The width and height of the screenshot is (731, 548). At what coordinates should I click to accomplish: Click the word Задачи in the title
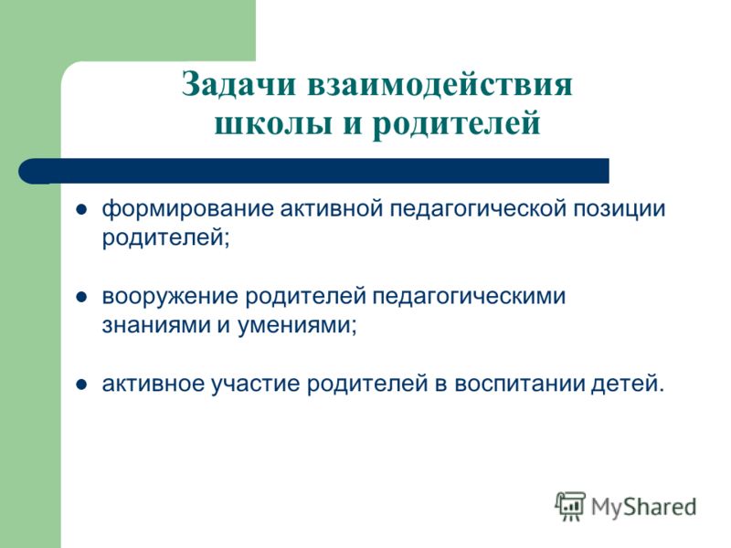click(238, 85)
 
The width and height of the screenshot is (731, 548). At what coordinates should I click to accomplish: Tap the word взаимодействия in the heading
click(440, 85)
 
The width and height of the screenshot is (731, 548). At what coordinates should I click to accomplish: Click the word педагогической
click(478, 209)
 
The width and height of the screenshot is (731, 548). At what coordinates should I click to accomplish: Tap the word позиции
click(620, 210)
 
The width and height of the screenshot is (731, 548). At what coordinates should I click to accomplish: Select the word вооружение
click(170, 297)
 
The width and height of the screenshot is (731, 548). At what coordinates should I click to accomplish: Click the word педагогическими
click(469, 297)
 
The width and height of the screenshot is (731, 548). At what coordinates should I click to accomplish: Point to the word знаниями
click(155, 326)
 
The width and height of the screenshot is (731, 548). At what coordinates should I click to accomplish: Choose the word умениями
click(297, 326)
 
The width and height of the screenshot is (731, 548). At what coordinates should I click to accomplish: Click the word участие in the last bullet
click(255, 385)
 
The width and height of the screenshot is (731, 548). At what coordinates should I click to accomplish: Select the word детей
click(627, 385)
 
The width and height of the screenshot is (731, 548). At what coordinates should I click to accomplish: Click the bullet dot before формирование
click(81, 210)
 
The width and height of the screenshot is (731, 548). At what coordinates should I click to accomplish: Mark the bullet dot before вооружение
click(81, 298)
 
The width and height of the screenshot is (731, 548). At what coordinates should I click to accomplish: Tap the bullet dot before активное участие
click(81, 385)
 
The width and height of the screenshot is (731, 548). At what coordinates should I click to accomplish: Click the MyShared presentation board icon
click(569, 506)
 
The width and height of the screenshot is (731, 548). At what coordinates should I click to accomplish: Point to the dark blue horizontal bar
click(313, 171)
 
